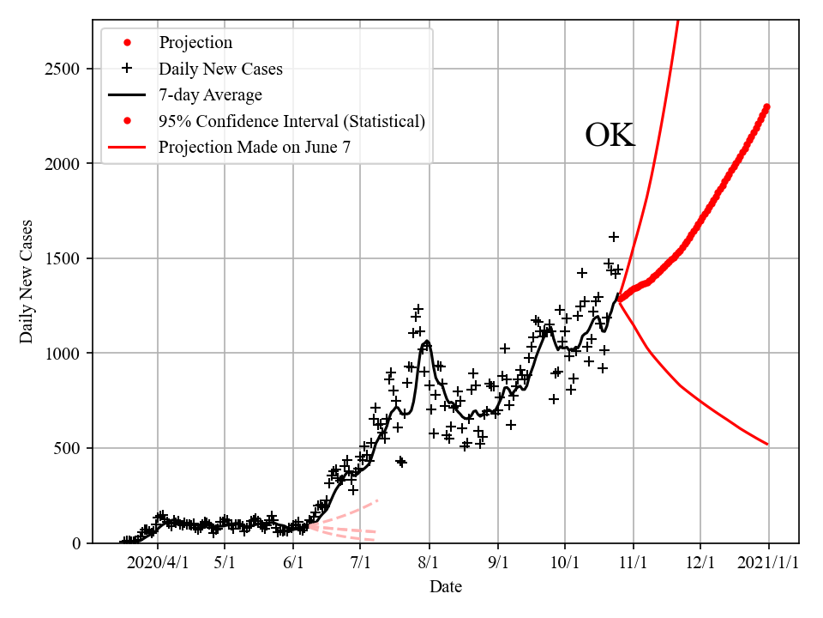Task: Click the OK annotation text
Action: [x=610, y=136]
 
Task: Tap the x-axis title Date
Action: [x=446, y=587]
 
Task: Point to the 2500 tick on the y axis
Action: [x=63, y=69]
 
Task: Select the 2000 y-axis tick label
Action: [x=63, y=164]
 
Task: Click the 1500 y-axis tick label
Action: [x=63, y=258]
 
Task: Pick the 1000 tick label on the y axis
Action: [x=63, y=354]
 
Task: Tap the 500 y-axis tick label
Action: [x=68, y=448]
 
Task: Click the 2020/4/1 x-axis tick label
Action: [x=157, y=565]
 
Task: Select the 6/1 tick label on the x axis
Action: [x=293, y=565]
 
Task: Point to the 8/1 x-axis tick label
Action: [x=430, y=565]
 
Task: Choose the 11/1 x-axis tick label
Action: [x=633, y=565]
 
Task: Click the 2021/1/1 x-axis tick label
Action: [x=768, y=565]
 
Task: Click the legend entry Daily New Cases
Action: [x=220, y=69]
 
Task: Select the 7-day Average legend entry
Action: [x=210, y=95]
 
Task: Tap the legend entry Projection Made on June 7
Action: [x=254, y=148]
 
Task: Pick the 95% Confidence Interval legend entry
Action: [x=291, y=121]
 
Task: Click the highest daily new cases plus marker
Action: [x=614, y=237]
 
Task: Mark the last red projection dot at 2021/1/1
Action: [x=767, y=106]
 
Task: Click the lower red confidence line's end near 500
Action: [x=767, y=444]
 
